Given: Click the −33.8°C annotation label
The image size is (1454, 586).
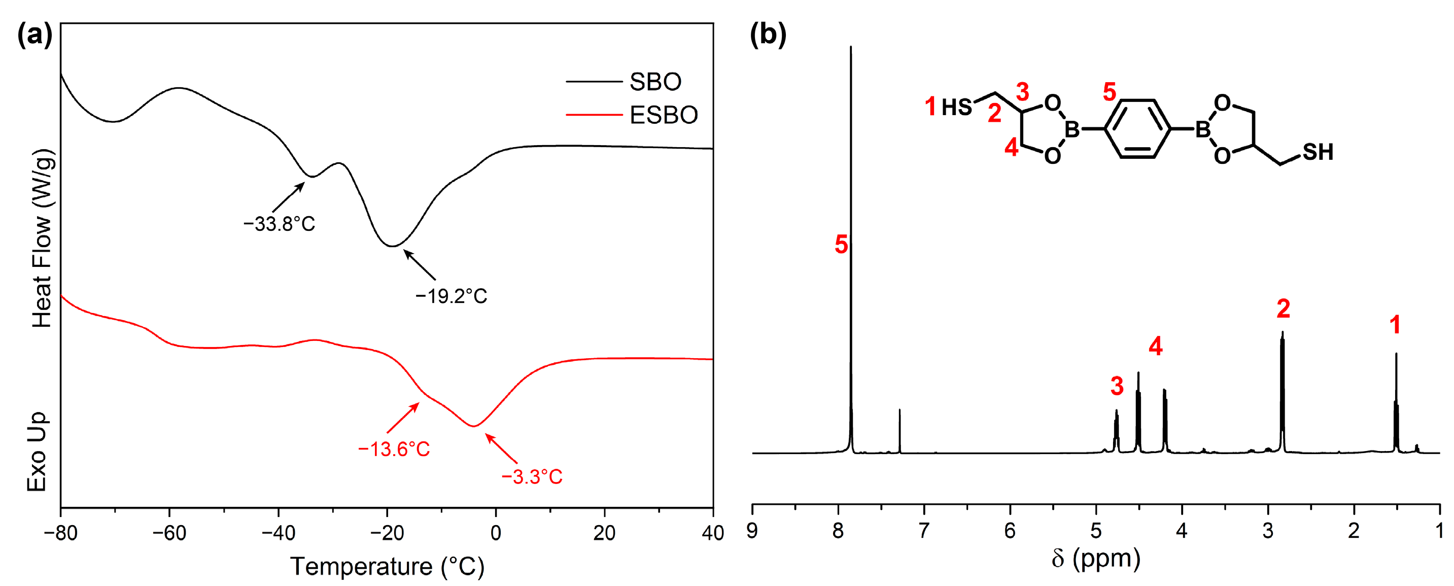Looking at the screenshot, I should click(279, 224).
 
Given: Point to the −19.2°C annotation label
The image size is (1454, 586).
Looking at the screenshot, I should click(451, 296).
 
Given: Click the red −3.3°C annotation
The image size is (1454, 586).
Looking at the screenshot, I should click(532, 477).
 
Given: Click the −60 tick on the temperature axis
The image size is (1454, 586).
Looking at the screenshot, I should click(169, 533).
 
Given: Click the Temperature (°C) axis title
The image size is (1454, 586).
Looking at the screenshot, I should click(387, 566).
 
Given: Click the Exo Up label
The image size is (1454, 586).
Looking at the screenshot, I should click(37, 452).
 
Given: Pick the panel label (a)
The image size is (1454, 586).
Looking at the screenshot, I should click(34, 35).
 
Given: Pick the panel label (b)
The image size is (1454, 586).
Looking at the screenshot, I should click(768, 35).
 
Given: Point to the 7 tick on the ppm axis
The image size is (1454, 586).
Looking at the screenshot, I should click(924, 531).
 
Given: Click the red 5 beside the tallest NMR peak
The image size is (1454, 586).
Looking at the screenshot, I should click(841, 245).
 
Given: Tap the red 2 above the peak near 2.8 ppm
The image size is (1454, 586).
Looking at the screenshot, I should click(1283, 309).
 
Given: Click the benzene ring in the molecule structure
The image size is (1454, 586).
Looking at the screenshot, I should click(1137, 129).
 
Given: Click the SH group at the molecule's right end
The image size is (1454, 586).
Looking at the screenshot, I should click(1318, 152).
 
